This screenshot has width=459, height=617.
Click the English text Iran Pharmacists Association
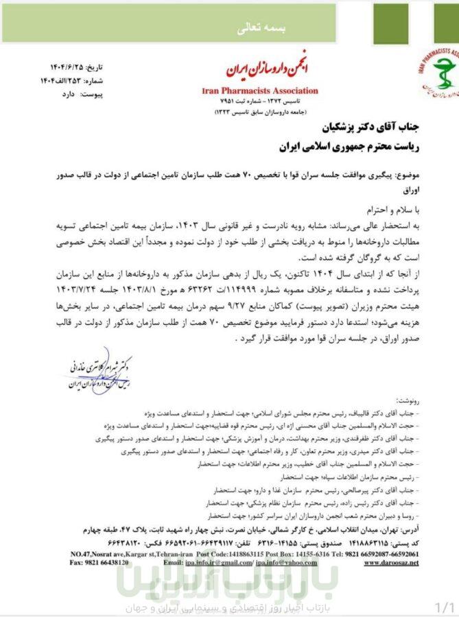click(260, 90)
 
